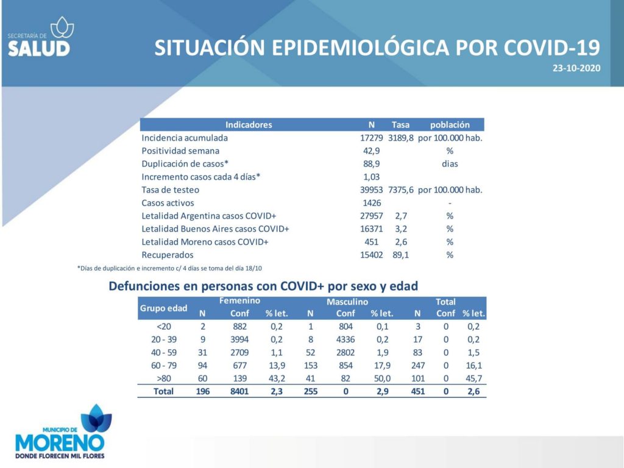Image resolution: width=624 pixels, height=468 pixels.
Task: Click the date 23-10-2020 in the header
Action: [x=576, y=68]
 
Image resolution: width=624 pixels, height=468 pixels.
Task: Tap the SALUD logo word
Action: [x=39, y=49]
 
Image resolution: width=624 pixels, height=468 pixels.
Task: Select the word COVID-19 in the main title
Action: [x=552, y=48]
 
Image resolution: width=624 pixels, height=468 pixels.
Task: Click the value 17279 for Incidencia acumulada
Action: [x=371, y=138]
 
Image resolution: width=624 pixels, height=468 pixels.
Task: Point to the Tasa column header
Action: [x=400, y=125]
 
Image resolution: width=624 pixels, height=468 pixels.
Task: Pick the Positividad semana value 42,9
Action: [x=371, y=151]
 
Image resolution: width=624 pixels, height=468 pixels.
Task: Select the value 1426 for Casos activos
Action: [x=372, y=203]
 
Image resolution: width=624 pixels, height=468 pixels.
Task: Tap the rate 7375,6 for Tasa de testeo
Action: [x=401, y=190]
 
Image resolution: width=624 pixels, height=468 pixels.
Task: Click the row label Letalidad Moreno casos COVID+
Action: [x=205, y=242]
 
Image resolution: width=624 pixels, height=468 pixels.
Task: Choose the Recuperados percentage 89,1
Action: [x=401, y=255]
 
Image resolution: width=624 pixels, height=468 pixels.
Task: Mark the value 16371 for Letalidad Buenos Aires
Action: [x=371, y=229]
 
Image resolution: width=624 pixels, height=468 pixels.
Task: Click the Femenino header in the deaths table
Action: [x=239, y=301]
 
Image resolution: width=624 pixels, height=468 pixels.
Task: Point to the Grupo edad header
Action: [x=163, y=308]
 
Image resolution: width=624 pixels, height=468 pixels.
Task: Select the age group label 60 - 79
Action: [x=163, y=366]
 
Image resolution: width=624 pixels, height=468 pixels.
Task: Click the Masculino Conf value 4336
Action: [x=346, y=339]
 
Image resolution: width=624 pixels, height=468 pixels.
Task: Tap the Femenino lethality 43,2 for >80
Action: [x=277, y=378]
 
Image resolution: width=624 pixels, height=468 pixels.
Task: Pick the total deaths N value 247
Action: [x=418, y=366]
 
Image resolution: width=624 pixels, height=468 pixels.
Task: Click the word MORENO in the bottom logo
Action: [x=60, y=443]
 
